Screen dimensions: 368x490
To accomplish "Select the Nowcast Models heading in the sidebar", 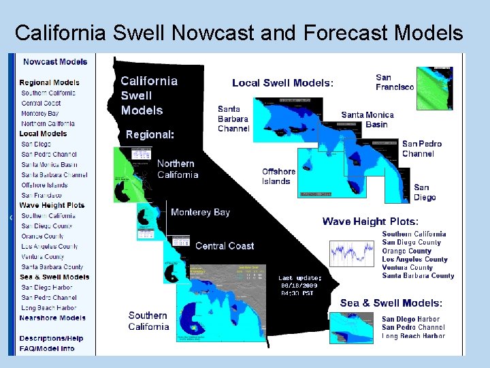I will tap(55, 62).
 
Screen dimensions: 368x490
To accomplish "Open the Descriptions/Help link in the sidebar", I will tap(51, 338).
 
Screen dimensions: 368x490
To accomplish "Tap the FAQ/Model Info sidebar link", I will tap(47, 348).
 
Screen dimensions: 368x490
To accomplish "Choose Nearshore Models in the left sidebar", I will tap(52, 318).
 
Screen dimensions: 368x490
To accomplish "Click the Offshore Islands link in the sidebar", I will tap(44, 185).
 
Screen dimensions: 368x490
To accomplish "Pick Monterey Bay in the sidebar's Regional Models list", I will tap(39, 113).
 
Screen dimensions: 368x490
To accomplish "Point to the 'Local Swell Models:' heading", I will tap(282, 83).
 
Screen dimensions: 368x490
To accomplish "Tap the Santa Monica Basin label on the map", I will tap(367, 120).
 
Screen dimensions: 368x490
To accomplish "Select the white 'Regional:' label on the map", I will tap(150, 135).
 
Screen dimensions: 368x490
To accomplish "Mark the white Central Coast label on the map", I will tap(225, 246).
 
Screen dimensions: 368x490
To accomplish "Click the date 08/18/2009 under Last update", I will tap(299, 286).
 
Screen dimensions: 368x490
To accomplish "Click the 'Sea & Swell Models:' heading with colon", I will tap(391, 303).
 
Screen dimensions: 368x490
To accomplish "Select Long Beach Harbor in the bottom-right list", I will tap(413, 336).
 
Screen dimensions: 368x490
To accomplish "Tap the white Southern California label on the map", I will tap(148, 321).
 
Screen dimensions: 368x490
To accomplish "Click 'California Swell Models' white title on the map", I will tap(149, 95).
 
